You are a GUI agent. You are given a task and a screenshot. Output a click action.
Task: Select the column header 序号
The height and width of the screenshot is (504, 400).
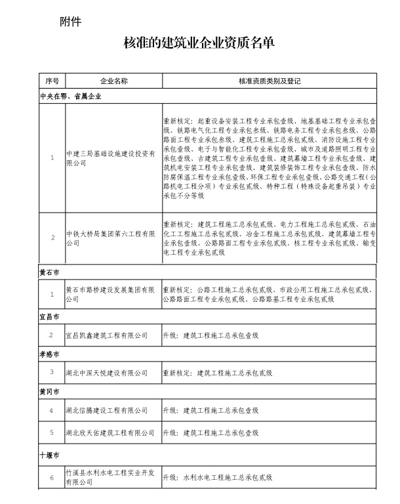click(x=52, y=81)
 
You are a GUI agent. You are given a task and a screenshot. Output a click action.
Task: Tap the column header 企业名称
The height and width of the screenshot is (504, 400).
click(x=113, y=81)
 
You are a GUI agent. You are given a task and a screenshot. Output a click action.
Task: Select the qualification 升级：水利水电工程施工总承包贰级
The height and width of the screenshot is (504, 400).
click(x=227, y=478)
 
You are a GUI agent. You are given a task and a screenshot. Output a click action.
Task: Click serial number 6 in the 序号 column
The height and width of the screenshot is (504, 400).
click(x=52, y=478)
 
